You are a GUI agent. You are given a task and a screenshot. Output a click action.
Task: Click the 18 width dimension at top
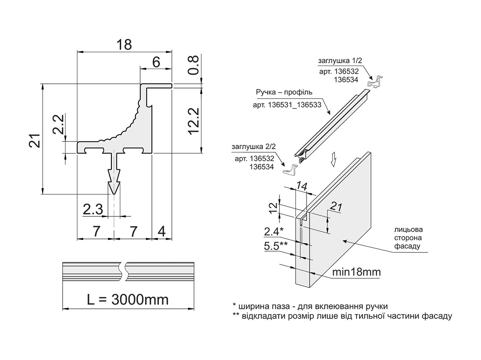pos(124,44)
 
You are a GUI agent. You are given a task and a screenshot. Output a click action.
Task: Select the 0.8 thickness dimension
pos(194,65)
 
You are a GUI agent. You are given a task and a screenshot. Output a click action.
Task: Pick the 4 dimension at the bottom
pos(162,231)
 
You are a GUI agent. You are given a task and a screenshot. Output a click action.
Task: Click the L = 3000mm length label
pos(127,299)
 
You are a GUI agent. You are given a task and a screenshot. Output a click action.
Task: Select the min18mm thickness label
pos(356,271)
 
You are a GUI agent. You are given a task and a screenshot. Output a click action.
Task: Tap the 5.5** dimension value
pos(276,246)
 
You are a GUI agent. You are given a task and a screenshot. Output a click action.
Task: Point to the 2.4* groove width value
pos(274,232)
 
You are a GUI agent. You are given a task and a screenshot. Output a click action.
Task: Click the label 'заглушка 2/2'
pos(253,147)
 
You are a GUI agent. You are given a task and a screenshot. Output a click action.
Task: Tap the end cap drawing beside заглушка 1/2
pos(377,81)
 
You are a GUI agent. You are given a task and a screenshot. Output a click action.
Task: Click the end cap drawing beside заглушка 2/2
pos(290,169)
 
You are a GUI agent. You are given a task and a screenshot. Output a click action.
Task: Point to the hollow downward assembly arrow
pos(334,159)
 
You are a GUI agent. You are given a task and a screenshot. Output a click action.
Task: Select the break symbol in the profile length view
pos(124,271)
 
